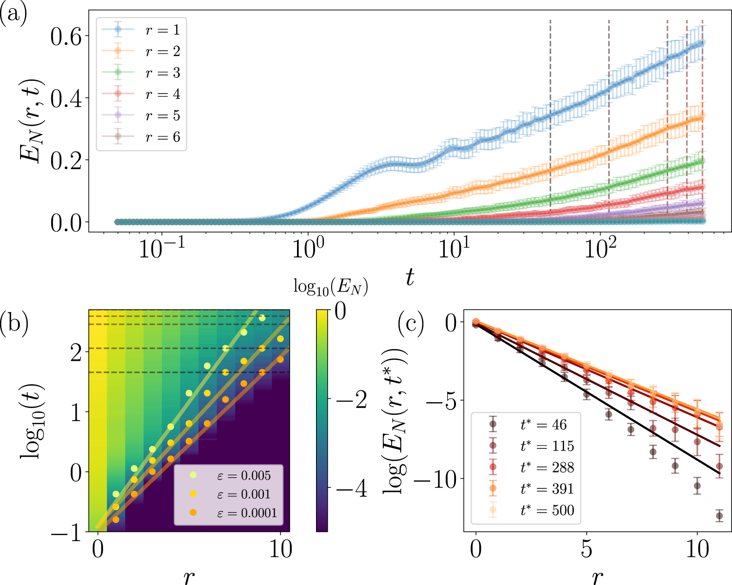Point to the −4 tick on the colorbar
tap(350, 488)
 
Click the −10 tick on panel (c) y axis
tap(437, 478)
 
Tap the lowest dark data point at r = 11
tap(719, 516)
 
